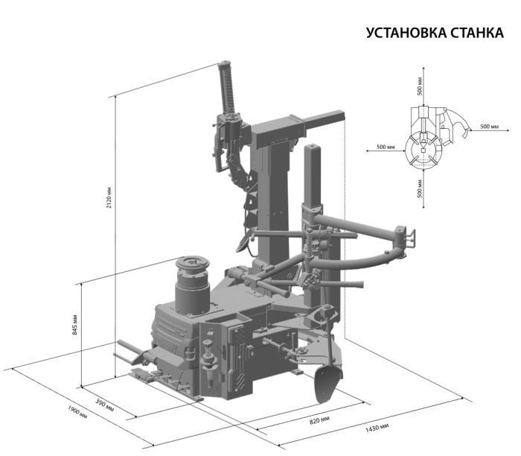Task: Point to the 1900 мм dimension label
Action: [77, 412]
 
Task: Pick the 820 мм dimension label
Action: [319, 421]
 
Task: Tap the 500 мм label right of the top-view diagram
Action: [489, 127]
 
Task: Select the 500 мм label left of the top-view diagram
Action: [386, 147]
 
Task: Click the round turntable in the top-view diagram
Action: [421, 151]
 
